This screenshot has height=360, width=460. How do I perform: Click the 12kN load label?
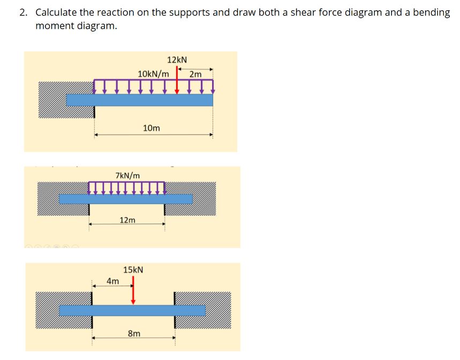pyautogui.click(x=177, y=59)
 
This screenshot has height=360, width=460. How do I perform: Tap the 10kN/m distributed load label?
pyautogui.click(x=153, y=73)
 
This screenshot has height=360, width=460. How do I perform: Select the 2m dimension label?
pyautogui.click(x=196, y=74)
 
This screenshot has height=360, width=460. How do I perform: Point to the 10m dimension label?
pyautogui.click(x=152, y=128)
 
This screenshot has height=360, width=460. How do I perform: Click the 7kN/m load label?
pyautogui.click(x=128, y=175)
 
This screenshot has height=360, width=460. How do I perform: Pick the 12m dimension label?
pyautogui.click(x=127, y=220)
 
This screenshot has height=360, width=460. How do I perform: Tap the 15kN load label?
pyautogui.click(x=133, y=269)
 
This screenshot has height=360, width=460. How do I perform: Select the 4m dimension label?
pyautogui.click(x=112, y=281)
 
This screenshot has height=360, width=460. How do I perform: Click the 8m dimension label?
pyautogui.click(x=134, y=333)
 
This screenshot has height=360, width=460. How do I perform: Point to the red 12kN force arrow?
pyautogui.click(x=177, y=83)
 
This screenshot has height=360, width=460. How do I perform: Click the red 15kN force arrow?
pyautogui.click(x=133, y=291)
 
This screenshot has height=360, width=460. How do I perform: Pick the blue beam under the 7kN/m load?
pyautogui.click(x=125, y=199)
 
